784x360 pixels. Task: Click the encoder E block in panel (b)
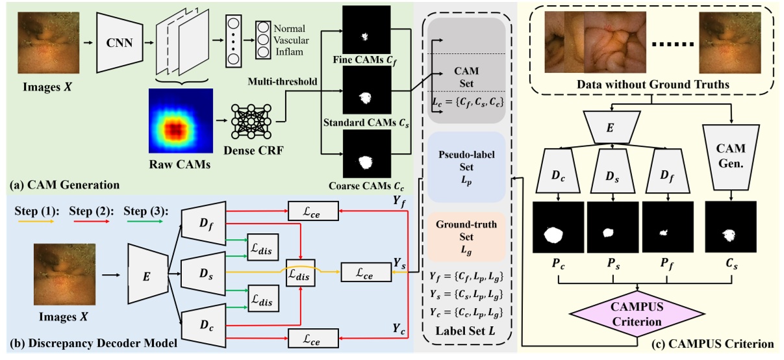click(147, 274)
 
